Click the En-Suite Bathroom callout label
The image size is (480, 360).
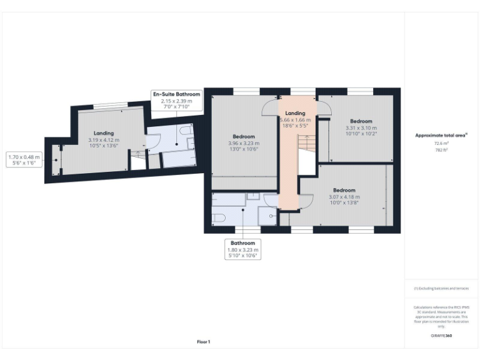click(x=176, y=101)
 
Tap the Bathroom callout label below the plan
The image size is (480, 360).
click(x=242, y=249)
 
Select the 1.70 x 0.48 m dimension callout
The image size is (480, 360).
click(x=23, y=159)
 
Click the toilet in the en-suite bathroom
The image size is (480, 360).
click(x=186, y=132)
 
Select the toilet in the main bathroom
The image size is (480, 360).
click(x=218, y=217)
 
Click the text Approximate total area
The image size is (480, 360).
click(x=441, y=135)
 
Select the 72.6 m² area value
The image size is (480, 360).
click(x=441, y=143)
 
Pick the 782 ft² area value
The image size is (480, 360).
click(x=441, y=150)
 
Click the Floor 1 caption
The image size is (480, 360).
click(x=204, y=341)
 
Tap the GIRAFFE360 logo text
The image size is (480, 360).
click(x=441, y=336)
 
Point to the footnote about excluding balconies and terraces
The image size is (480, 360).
click(x=441, y=288)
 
